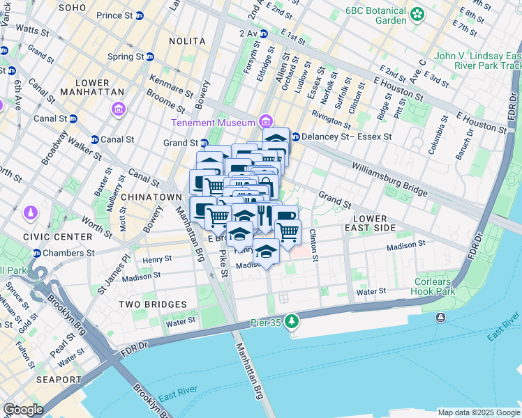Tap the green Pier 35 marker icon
(292, 321)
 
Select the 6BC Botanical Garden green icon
(417, 13)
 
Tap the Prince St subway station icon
(139, 15)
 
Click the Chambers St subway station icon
(36, 253)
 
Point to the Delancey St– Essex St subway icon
(295, 137)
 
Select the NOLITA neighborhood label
(187, 41)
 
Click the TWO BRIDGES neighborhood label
(152, 304)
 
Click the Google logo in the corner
(23, 410)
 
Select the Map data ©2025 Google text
(478, 412)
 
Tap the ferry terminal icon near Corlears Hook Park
(440, 318)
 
